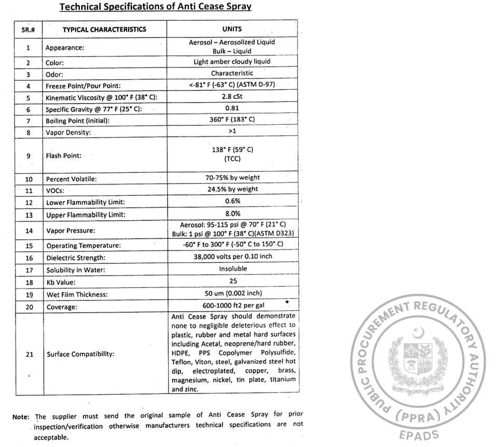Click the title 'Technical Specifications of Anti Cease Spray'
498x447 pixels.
pyautogui.click(x=156, y=7)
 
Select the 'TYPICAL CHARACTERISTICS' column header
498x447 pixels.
pyautogui.click(x=104, y=30)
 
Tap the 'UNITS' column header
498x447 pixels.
pyautogui.click(x=232, y=29)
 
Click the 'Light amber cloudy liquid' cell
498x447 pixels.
pyautogui.click(x=232, y=62)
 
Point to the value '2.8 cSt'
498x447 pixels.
pyautogui.click(x=232, y=96)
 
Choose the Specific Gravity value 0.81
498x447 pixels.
pyautogui.click(x=232, y=108)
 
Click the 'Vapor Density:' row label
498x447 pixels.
pyautogui.click(x=68, y=133)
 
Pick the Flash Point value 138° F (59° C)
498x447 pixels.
pyautogui.click(x=232, y=150)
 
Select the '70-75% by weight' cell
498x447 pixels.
pyautogui.click(x=232, y=178)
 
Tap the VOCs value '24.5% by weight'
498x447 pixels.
pyautogui.click(x=232, y=190)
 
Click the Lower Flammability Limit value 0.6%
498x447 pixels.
pyautogui.click(x=232, y=201)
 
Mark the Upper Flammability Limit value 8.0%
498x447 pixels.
pyautogui.click(x=232, y=213)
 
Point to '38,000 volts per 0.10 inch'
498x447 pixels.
pyautogui.click(x=232, y=256)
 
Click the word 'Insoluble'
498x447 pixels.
pyautogui.click(x=233, y=269)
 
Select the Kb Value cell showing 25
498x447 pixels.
pyautogui.click(x=232, y=281)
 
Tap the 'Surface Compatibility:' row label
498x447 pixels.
pyautogui.click(x=80, y=354)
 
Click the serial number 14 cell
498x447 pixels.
pyautogui.click(x=29, y=231)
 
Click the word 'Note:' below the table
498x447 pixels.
pyautogui.click(x=21, y=416)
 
